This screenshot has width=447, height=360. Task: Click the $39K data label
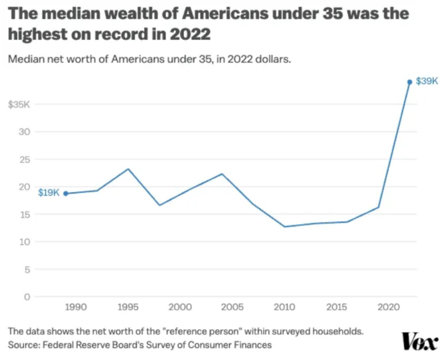(427, 81)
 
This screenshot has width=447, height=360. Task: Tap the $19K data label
(48, 193)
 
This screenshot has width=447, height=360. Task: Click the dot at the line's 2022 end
(410, 82)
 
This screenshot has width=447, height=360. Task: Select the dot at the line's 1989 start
(66, 193)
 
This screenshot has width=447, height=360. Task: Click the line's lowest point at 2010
(285, 227)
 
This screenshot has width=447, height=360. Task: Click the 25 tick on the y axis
(24, 159)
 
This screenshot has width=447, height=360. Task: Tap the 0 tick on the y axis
(27, 297)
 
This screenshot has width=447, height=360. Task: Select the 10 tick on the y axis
(24, 242)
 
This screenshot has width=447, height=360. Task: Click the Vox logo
(419, 342)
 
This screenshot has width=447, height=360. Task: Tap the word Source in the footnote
(23, 344)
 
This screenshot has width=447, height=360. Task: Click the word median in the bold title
(64, 13)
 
